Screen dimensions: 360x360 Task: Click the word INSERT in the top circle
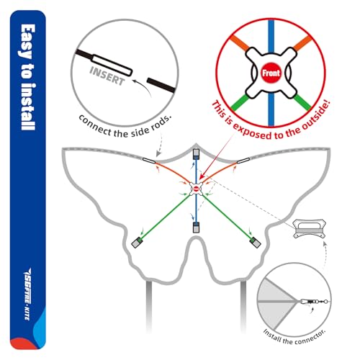coord(107,76)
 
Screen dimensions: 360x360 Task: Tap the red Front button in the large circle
coord(271,73)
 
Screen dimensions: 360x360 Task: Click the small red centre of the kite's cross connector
coord(196,189)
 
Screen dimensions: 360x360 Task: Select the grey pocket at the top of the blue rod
coord(197,154)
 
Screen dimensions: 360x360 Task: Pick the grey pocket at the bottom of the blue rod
coord(196,228)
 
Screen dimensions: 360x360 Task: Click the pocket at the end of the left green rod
coord(137,243)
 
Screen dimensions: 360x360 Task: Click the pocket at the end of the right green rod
coord(256,243)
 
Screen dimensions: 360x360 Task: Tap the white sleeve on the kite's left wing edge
coord(149,161)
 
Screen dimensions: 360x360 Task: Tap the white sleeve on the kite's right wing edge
coord(243,161)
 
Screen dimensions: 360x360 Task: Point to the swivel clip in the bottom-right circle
coord(314,301)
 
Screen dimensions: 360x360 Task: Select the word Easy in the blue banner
coord(28,41)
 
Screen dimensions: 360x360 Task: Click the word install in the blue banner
coord(28,107)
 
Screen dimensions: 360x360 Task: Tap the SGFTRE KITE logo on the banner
coord(27,294)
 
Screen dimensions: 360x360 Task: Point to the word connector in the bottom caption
coord(310,337)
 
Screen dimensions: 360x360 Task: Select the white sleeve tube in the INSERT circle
coord(112,66)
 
